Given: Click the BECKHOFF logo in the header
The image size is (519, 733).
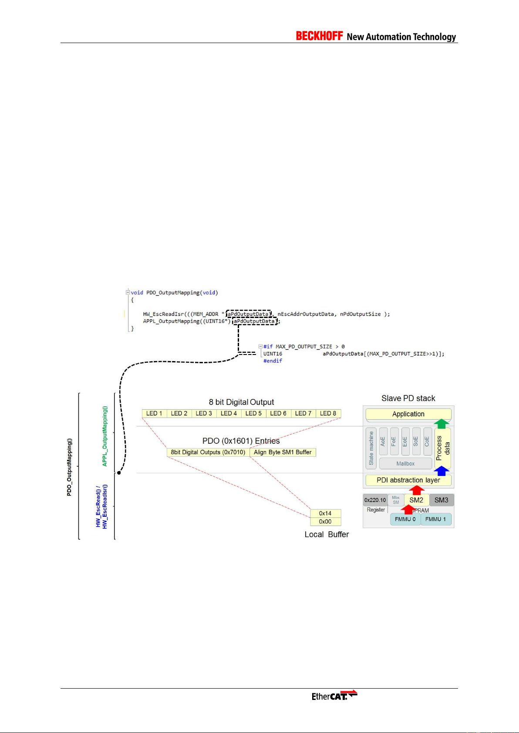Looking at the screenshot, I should point(319,36).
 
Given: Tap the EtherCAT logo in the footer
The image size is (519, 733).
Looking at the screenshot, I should point(334,695).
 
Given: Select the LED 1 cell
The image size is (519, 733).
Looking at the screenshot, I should point(154,413).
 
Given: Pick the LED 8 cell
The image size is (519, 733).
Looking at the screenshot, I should point(328,413).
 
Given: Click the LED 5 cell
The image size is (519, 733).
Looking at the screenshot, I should point(253,413).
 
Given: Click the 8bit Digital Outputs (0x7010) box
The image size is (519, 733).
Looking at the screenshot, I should point(208,452).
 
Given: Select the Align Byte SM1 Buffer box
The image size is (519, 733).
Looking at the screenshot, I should point(283,452).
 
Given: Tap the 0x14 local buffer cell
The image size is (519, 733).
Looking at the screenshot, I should point(325,513).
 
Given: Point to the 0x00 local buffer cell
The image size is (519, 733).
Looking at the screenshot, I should point(325,522).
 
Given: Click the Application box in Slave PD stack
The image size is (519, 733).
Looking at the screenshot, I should point(408,414).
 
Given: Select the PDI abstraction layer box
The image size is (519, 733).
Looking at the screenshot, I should point(408,480).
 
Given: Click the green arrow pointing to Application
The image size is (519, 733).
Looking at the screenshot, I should point(442,423).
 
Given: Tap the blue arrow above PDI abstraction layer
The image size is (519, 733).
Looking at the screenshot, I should point(442,471).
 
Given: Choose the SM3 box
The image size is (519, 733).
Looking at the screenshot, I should point(441,500).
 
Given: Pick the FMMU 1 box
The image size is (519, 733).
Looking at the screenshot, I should point(435,519).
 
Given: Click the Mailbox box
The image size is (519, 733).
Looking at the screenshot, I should point(405,464).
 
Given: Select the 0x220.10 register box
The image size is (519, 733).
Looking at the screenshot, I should point(375,500).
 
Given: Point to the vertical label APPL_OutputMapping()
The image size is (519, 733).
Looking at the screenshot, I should point(104,436).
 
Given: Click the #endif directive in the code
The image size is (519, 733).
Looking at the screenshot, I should point(273,361).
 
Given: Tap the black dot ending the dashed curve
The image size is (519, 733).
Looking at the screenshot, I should point(119,472).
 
